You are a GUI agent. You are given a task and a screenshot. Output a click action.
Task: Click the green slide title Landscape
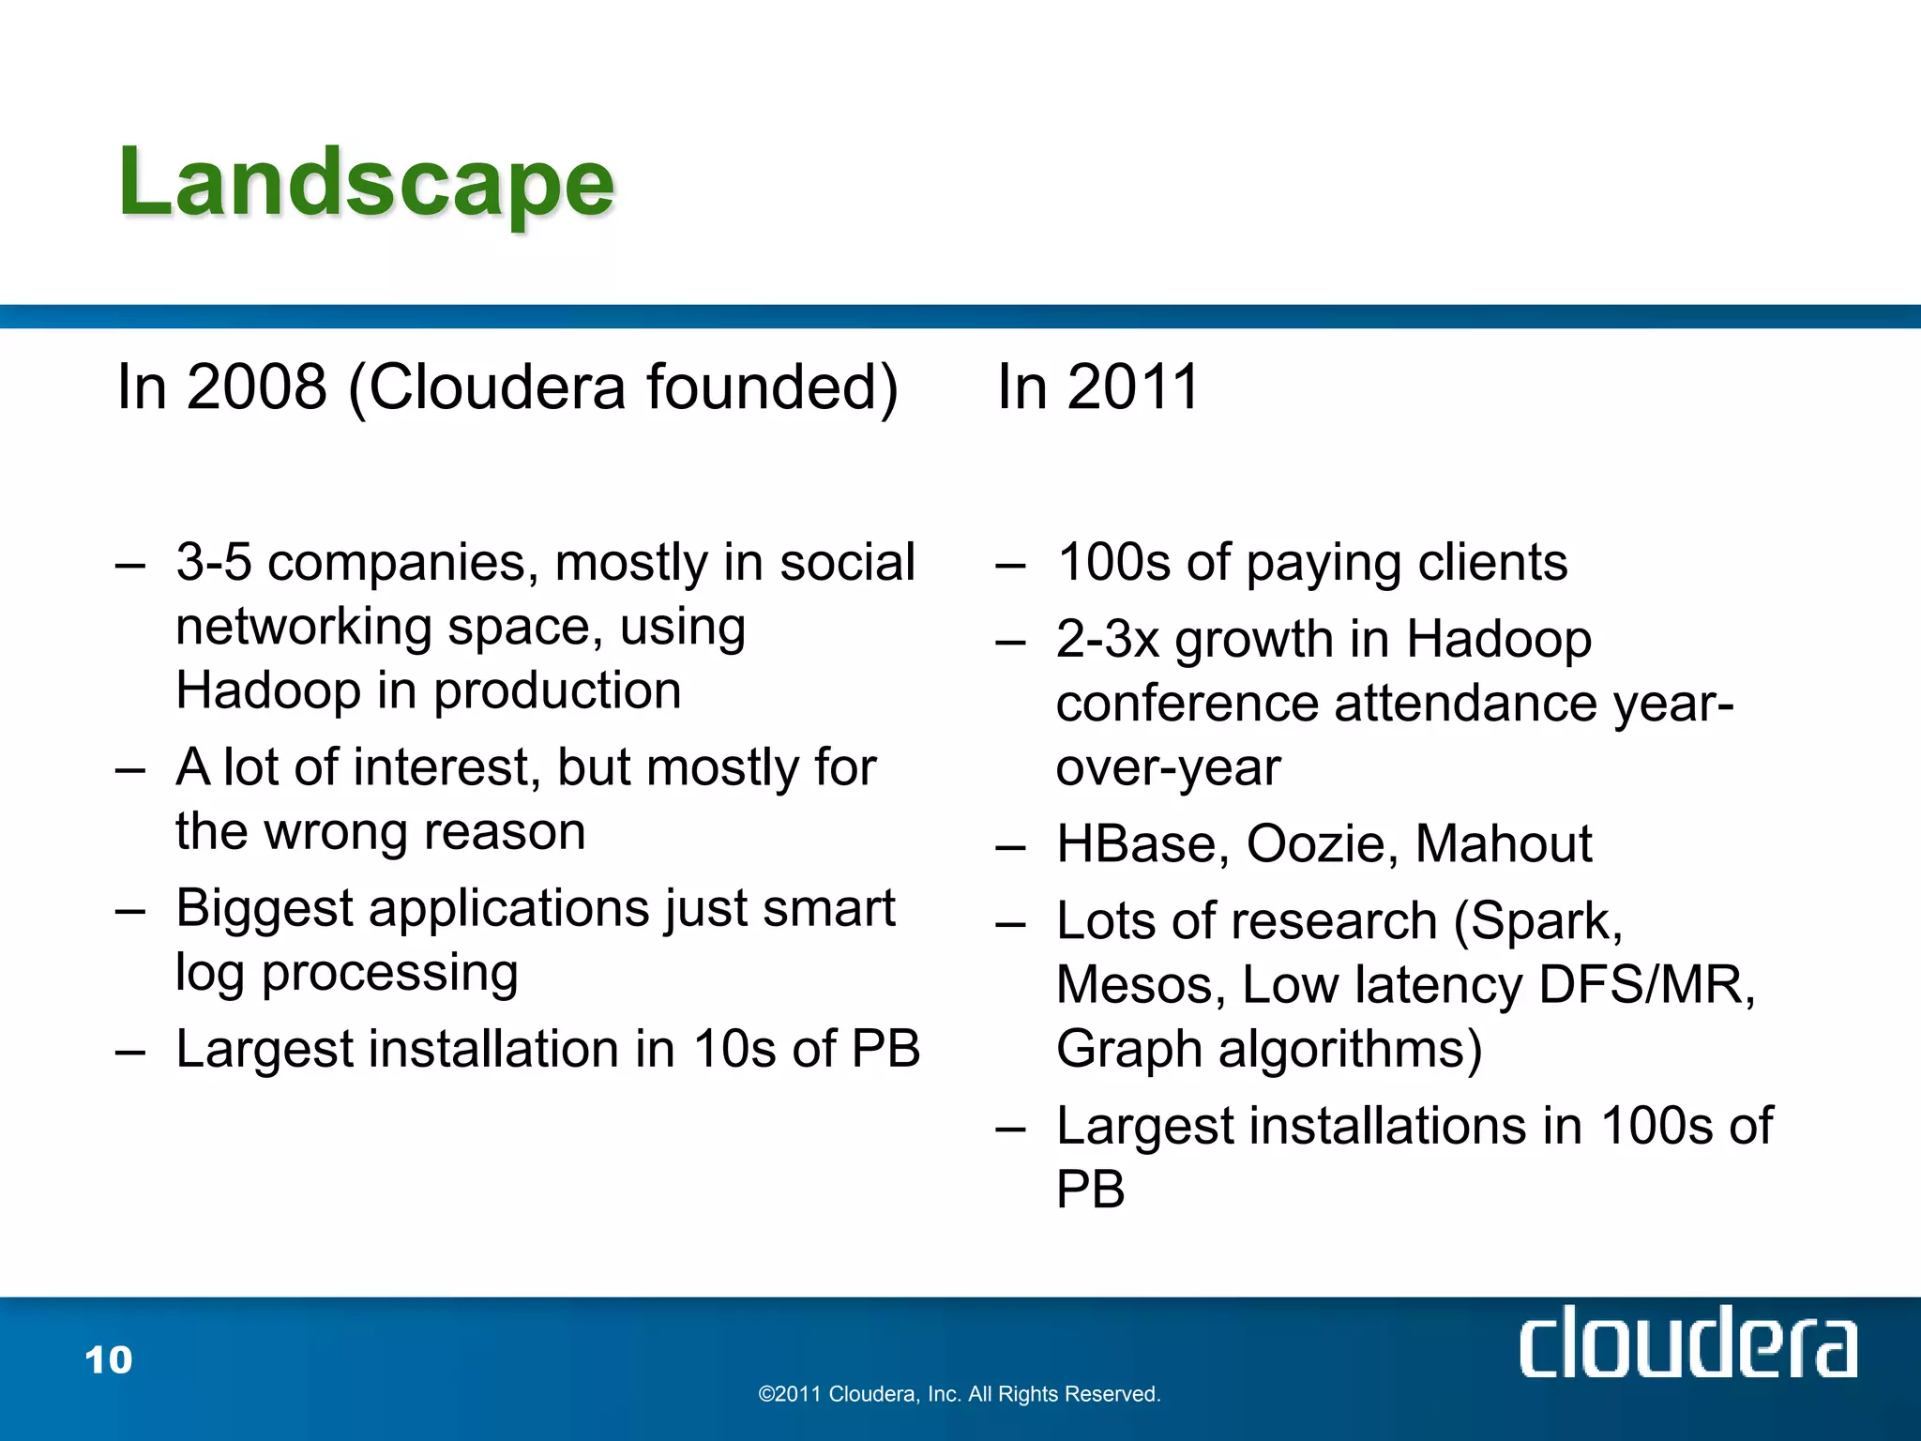pyautogui.click(x=366, y=183)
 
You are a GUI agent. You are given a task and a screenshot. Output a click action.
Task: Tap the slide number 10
pyautogui.click(x=109, y=1359)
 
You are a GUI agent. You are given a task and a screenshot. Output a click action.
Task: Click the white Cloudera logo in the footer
pyautogui.click(x=1687, y=1343)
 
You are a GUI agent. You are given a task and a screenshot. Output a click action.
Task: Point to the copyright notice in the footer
pyautogui.click(x=960, y=1394)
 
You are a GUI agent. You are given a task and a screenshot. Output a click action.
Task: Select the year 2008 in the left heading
pyautogui.click(x=257, y=387)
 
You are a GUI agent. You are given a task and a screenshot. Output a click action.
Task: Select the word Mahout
pyautogui.click(x=1503, y=843)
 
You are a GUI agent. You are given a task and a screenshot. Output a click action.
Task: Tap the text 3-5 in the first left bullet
pyautogui.click(x=214, y=563)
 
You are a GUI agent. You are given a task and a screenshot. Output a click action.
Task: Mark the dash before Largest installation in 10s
pyautogui.click(x=130, y=1052)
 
